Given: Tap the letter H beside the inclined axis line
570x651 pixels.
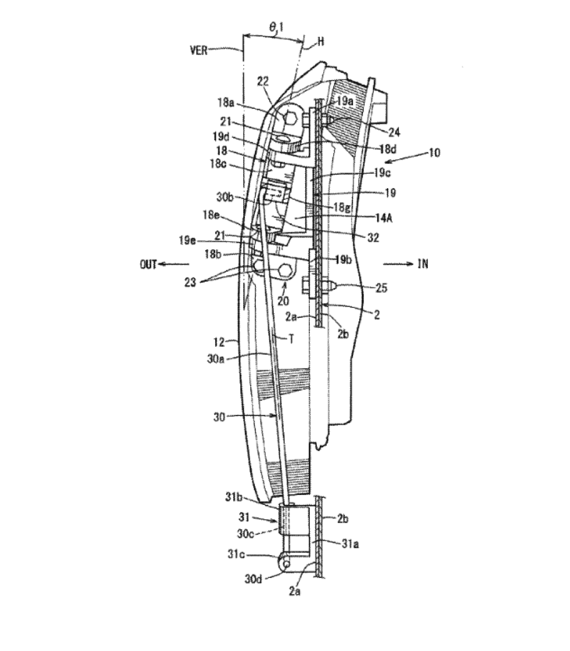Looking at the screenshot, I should tap(320, 42).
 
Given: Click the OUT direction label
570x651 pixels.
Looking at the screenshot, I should tap(148, 264).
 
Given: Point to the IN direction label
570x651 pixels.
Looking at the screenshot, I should tap(422, 264).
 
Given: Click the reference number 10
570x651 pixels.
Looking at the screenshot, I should tap(434, 153).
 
